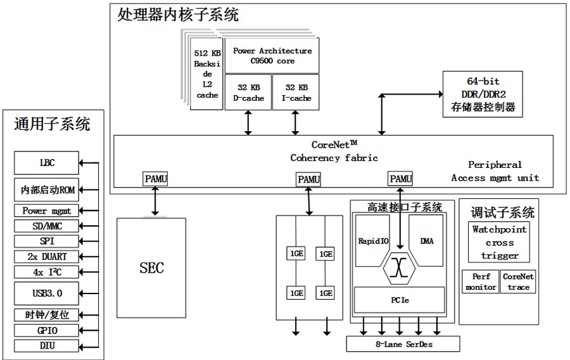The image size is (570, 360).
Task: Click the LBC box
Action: coord(47,163)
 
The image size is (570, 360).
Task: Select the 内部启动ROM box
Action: coord(47,190)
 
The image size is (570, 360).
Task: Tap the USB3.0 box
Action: coord(47,293)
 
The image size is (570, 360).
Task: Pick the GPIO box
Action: coord(47,330)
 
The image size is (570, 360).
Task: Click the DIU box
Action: coord(47,345)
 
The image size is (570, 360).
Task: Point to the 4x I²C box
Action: coord(47,272)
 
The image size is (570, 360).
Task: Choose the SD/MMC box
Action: coord(47,226)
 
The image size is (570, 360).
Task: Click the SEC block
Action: coord(151,267)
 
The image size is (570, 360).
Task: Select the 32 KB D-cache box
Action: coord(248,93)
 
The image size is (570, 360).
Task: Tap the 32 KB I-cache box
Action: coord(296,93)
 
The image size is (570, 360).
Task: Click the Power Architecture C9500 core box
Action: coord(272,56)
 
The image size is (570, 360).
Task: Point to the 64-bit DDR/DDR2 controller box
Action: coord(483,94)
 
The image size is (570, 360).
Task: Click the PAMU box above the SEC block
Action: coord(156,179)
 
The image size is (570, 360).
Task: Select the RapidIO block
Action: coord(373,241)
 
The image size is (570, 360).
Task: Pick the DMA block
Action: coord(427,241)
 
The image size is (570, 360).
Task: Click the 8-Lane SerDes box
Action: coord(403,344)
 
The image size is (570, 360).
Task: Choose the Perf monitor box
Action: coord(481,282)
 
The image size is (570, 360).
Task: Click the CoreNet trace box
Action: coord(518,282)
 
